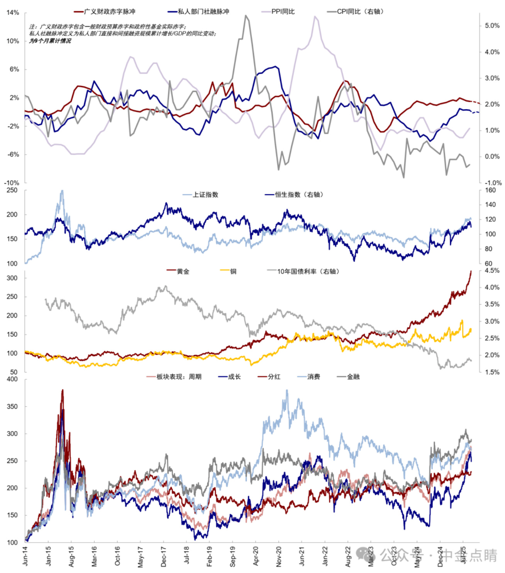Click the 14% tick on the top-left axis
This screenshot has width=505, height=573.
point(13,13)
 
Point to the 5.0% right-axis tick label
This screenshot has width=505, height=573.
point(492,25)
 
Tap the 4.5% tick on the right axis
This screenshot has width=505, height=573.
point(492,270)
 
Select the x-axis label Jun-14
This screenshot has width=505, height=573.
point(25,556)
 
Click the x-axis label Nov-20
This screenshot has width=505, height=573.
point(279,556)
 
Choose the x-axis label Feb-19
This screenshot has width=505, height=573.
point(209,556)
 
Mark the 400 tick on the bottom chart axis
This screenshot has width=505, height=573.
point(12,379)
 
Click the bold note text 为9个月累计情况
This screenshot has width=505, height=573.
point(50,41)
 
